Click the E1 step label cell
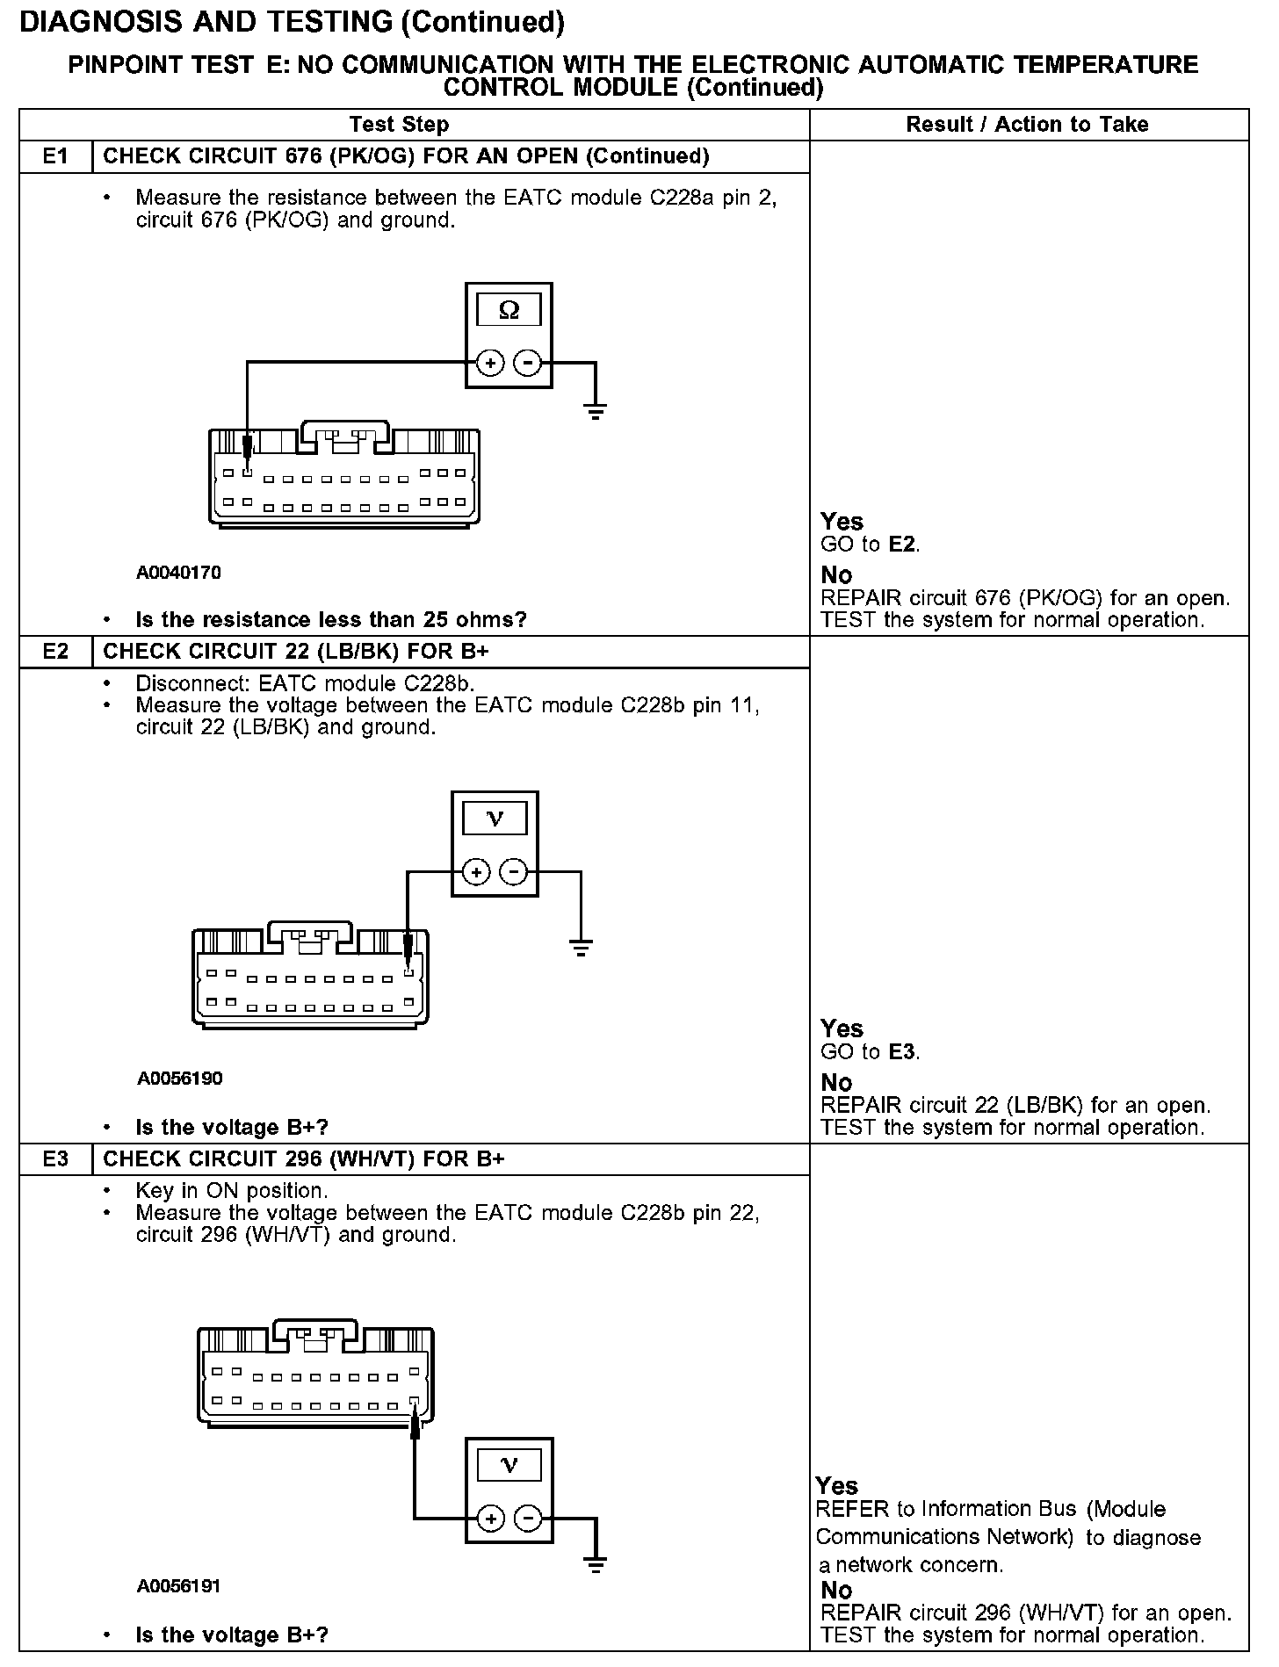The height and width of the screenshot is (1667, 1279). [55, 156]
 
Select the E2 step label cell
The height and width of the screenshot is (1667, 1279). [55, 652]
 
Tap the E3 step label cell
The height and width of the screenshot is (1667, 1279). [55, 1159]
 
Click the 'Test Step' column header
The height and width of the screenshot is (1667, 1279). [399, 125]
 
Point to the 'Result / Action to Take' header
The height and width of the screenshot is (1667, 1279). [1027, 125]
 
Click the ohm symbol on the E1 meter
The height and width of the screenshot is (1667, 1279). [509, 310]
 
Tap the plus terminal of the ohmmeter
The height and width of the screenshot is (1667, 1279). [490, 362]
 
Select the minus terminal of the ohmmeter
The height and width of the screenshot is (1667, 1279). [527, 362]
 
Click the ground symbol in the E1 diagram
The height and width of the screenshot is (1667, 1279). [596, 410]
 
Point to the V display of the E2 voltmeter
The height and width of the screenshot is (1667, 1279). [495, 819]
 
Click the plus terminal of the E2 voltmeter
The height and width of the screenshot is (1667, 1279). [476, 872]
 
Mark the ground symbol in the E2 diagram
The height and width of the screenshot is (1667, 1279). [581, 946]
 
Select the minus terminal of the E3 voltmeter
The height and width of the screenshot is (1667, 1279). [527, 1519]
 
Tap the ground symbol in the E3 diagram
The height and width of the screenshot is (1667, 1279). [596, 1564]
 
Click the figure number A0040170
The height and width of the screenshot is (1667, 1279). [178, 574]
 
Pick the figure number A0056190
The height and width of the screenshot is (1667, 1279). [179, 1079]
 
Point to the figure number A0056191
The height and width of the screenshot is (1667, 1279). [178, 1586]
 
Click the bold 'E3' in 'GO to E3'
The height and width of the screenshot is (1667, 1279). [901, 1052]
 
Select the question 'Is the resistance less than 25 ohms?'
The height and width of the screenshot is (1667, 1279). [330, 620]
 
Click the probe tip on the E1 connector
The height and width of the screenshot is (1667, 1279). [248, 457]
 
